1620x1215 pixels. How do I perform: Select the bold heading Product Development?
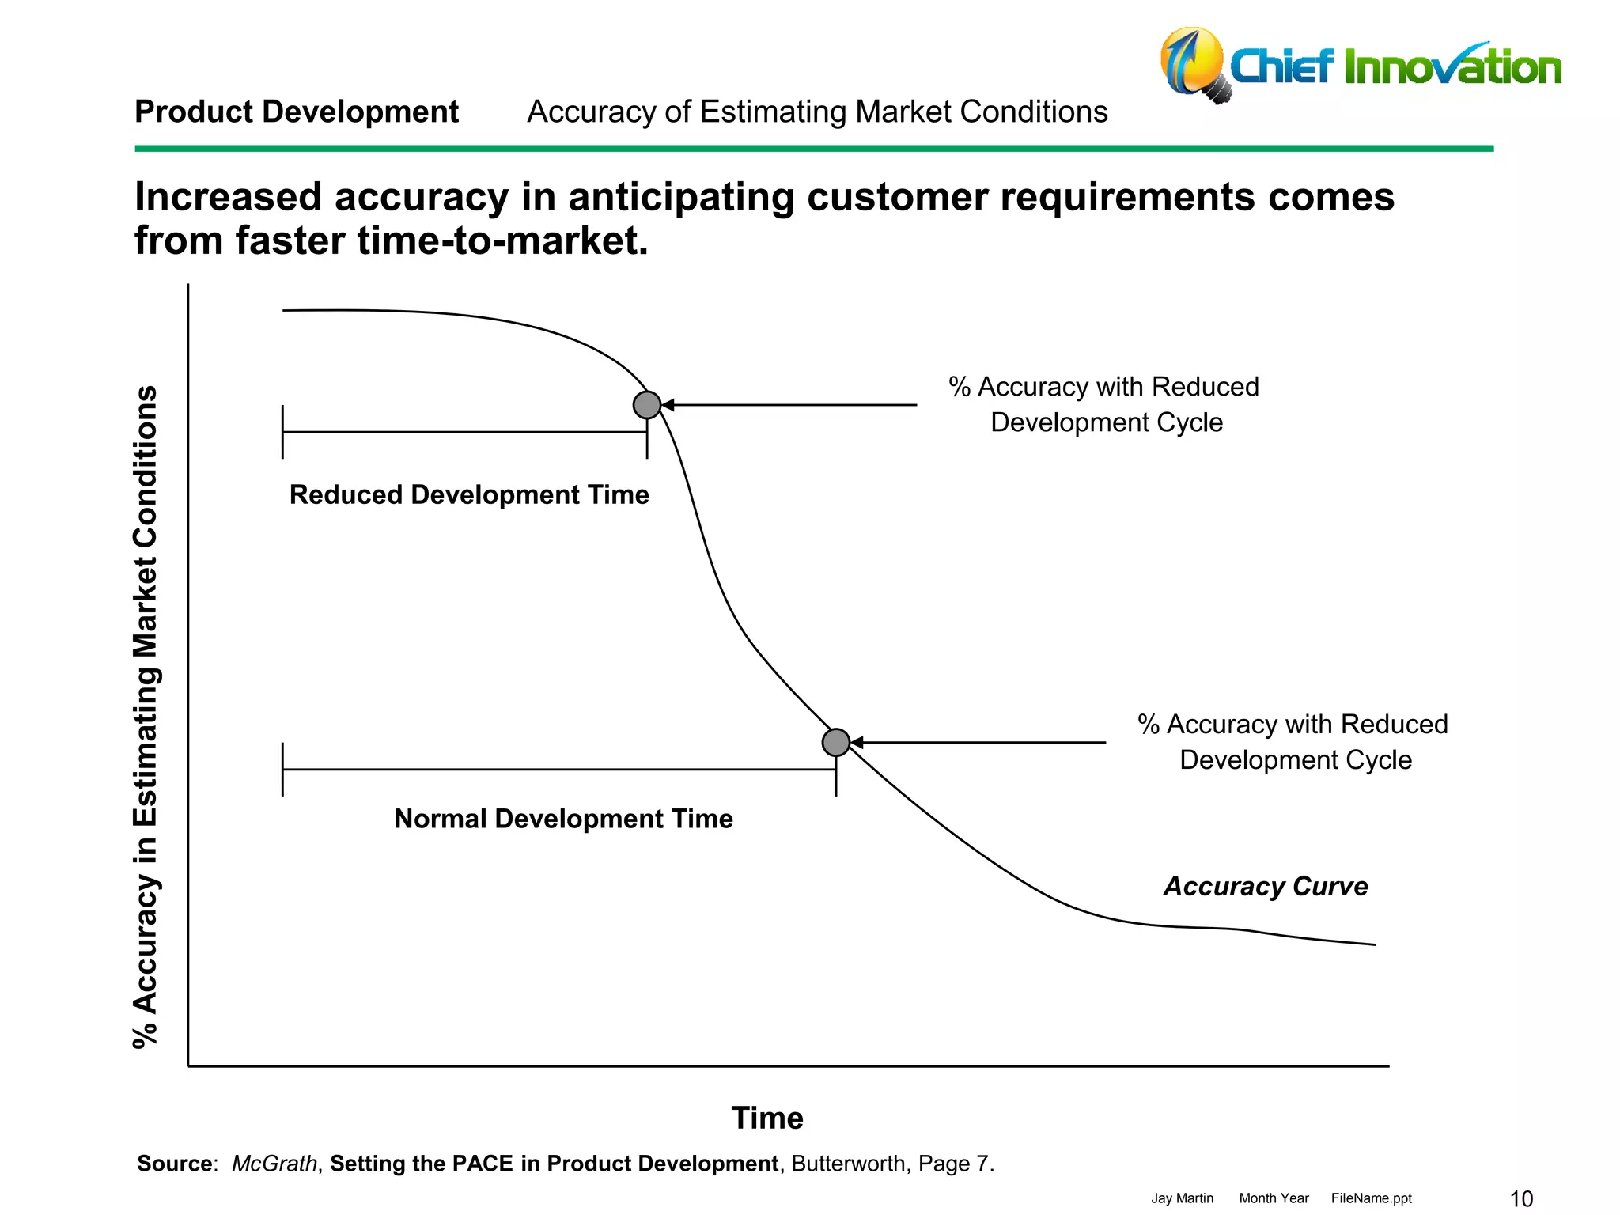(297, 112)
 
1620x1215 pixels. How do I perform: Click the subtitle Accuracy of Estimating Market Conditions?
(817, 112)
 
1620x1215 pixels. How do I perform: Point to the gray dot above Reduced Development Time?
(647, 405)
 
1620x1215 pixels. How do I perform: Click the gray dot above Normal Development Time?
(835, 742)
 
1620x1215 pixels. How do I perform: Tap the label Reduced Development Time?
(469, 494)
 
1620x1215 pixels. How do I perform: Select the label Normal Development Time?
(563, 819)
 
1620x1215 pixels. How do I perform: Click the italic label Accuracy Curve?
(1266, 886)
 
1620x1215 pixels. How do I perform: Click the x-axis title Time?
(767, 1118)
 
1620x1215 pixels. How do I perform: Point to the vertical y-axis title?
(146, 716)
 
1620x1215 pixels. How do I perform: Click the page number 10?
(1521, 1198)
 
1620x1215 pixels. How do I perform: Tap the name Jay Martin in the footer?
(1182, 1198)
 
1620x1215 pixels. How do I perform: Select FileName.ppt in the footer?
(1371, 1198)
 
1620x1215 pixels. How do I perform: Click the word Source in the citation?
(175, 1164)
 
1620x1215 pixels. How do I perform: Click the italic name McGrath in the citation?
(274, 1164)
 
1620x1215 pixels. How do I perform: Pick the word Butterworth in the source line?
(848, 1164)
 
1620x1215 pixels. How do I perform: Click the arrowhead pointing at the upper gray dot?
(668, 405)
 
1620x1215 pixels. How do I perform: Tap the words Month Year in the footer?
(1274, 1198)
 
